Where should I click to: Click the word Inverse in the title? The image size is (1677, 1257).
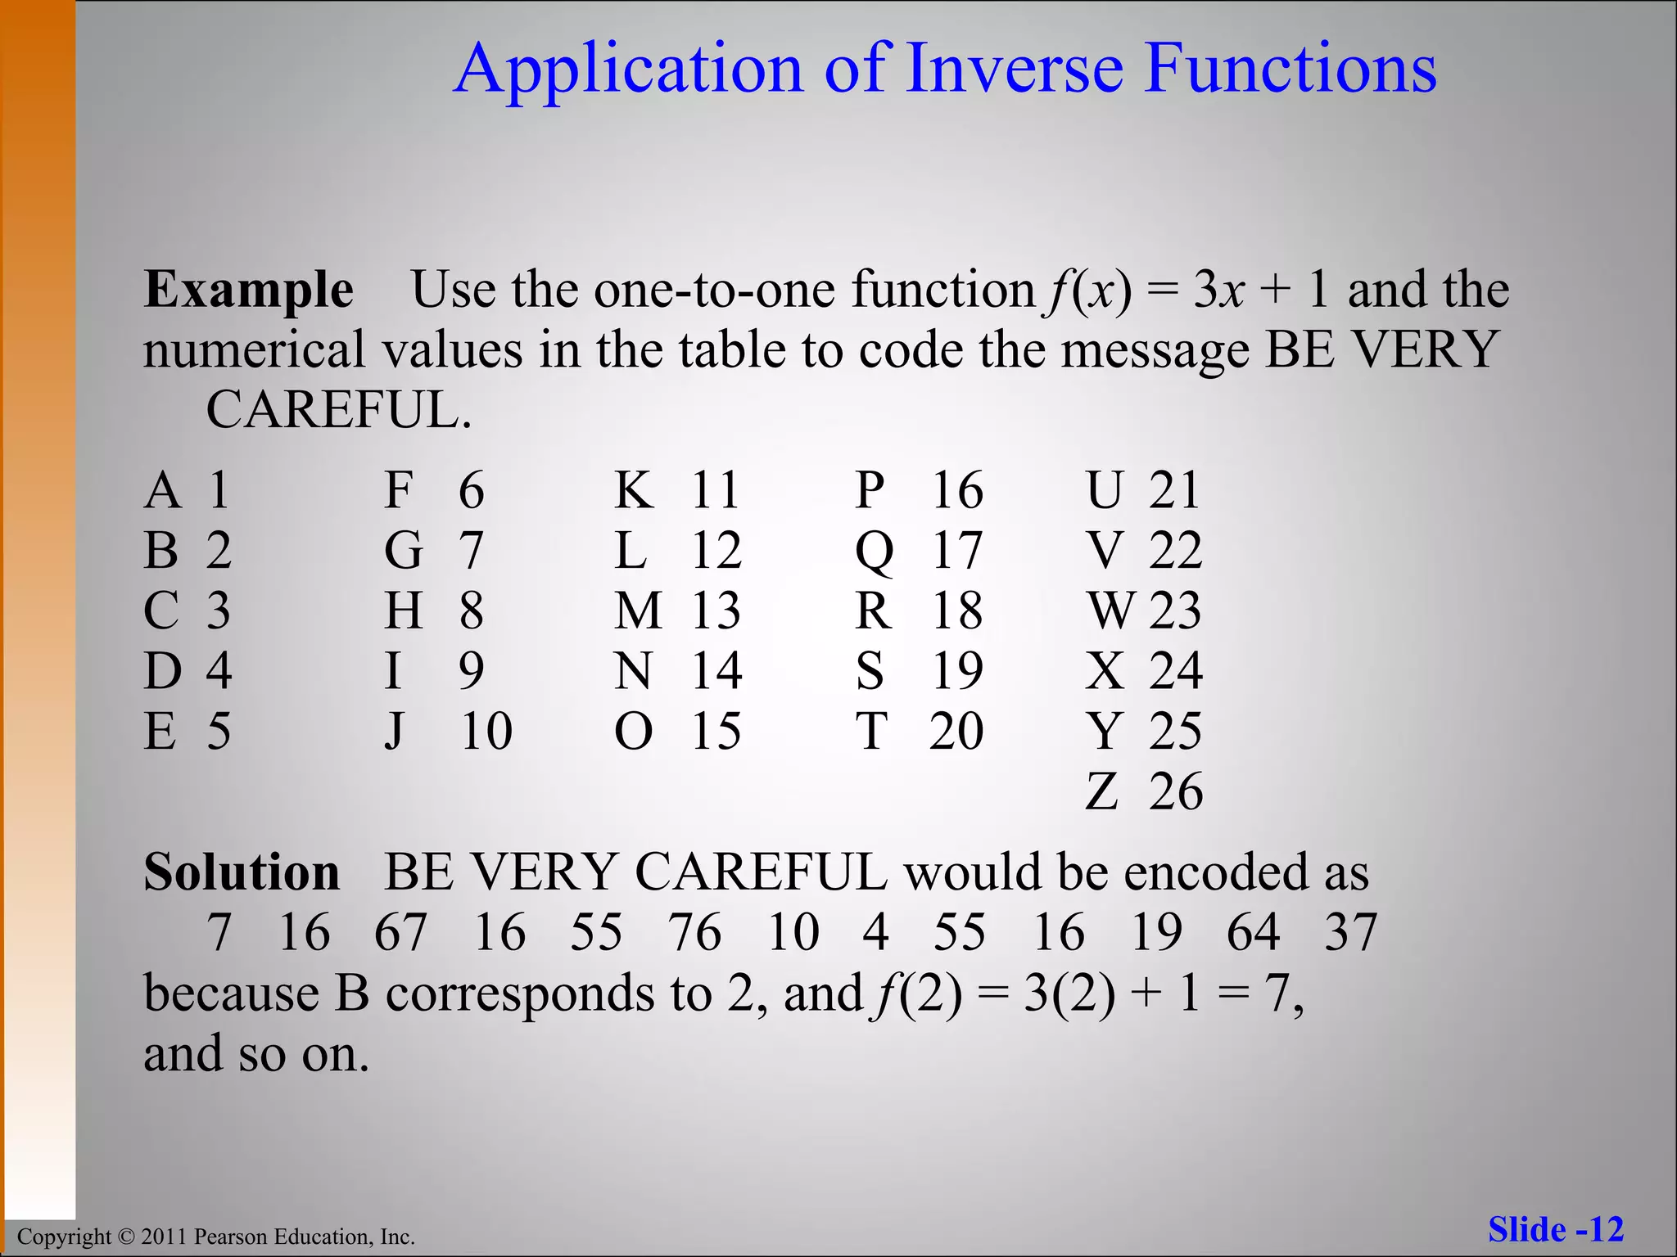point(1015,68)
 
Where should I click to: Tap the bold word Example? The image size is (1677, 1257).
point(249,290)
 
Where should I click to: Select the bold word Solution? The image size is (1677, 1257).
point(242,872)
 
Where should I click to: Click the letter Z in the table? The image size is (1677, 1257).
point(1102,791)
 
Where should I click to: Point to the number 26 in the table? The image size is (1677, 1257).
point(1175,791)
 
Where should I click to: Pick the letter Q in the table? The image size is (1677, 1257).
point(874,551)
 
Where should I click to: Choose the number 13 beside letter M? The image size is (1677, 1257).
point(716,610)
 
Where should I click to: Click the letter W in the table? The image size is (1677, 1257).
point(1111,610)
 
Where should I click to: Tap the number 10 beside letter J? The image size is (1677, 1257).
point(486,731)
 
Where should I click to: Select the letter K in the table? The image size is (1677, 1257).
point(634,491)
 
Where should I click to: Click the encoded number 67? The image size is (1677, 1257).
point(400,932)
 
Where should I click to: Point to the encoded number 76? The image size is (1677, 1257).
point(694,932)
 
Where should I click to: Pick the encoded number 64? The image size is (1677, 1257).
point(1253,932)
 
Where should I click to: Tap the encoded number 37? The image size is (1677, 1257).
point(1350,932)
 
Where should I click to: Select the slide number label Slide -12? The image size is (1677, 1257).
point(1555,1229)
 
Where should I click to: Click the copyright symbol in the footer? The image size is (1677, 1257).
point(124,1237)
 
